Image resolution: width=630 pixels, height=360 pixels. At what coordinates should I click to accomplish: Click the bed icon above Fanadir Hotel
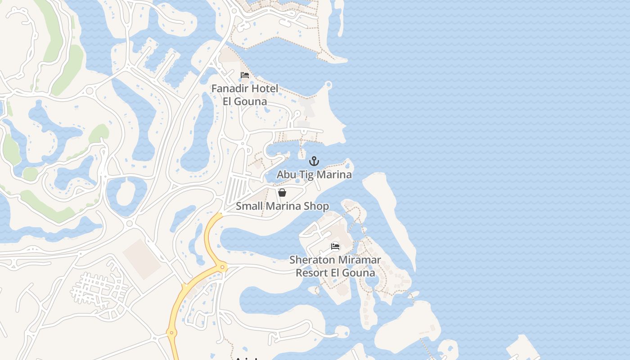click(x=245, y=75)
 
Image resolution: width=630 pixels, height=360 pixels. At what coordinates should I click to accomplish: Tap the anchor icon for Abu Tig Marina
click(x=314, y=161)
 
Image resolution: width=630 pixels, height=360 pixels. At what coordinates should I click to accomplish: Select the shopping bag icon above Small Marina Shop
click(x=282, y=193)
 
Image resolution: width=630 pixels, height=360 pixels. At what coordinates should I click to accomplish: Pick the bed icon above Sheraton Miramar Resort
click(x=335, y=246)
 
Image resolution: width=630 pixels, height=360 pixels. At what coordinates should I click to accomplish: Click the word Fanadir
click(x=230, y=89)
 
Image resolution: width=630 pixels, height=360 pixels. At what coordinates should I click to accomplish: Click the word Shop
click(x=316, y=207)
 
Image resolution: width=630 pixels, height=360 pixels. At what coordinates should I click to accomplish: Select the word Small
click(x=249, y=207)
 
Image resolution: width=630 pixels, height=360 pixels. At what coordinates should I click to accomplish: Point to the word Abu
click(x=286, y=175)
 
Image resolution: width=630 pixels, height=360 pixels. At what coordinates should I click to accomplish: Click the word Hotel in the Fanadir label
click(x=265, y=89)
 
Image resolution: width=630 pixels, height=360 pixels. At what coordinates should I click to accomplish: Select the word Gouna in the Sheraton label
click(x=358, y=273)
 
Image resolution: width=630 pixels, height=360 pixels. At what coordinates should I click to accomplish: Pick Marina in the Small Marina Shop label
click(x=283, y=207)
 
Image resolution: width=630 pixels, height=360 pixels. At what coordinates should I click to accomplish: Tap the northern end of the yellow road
click(x=219, y=216)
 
